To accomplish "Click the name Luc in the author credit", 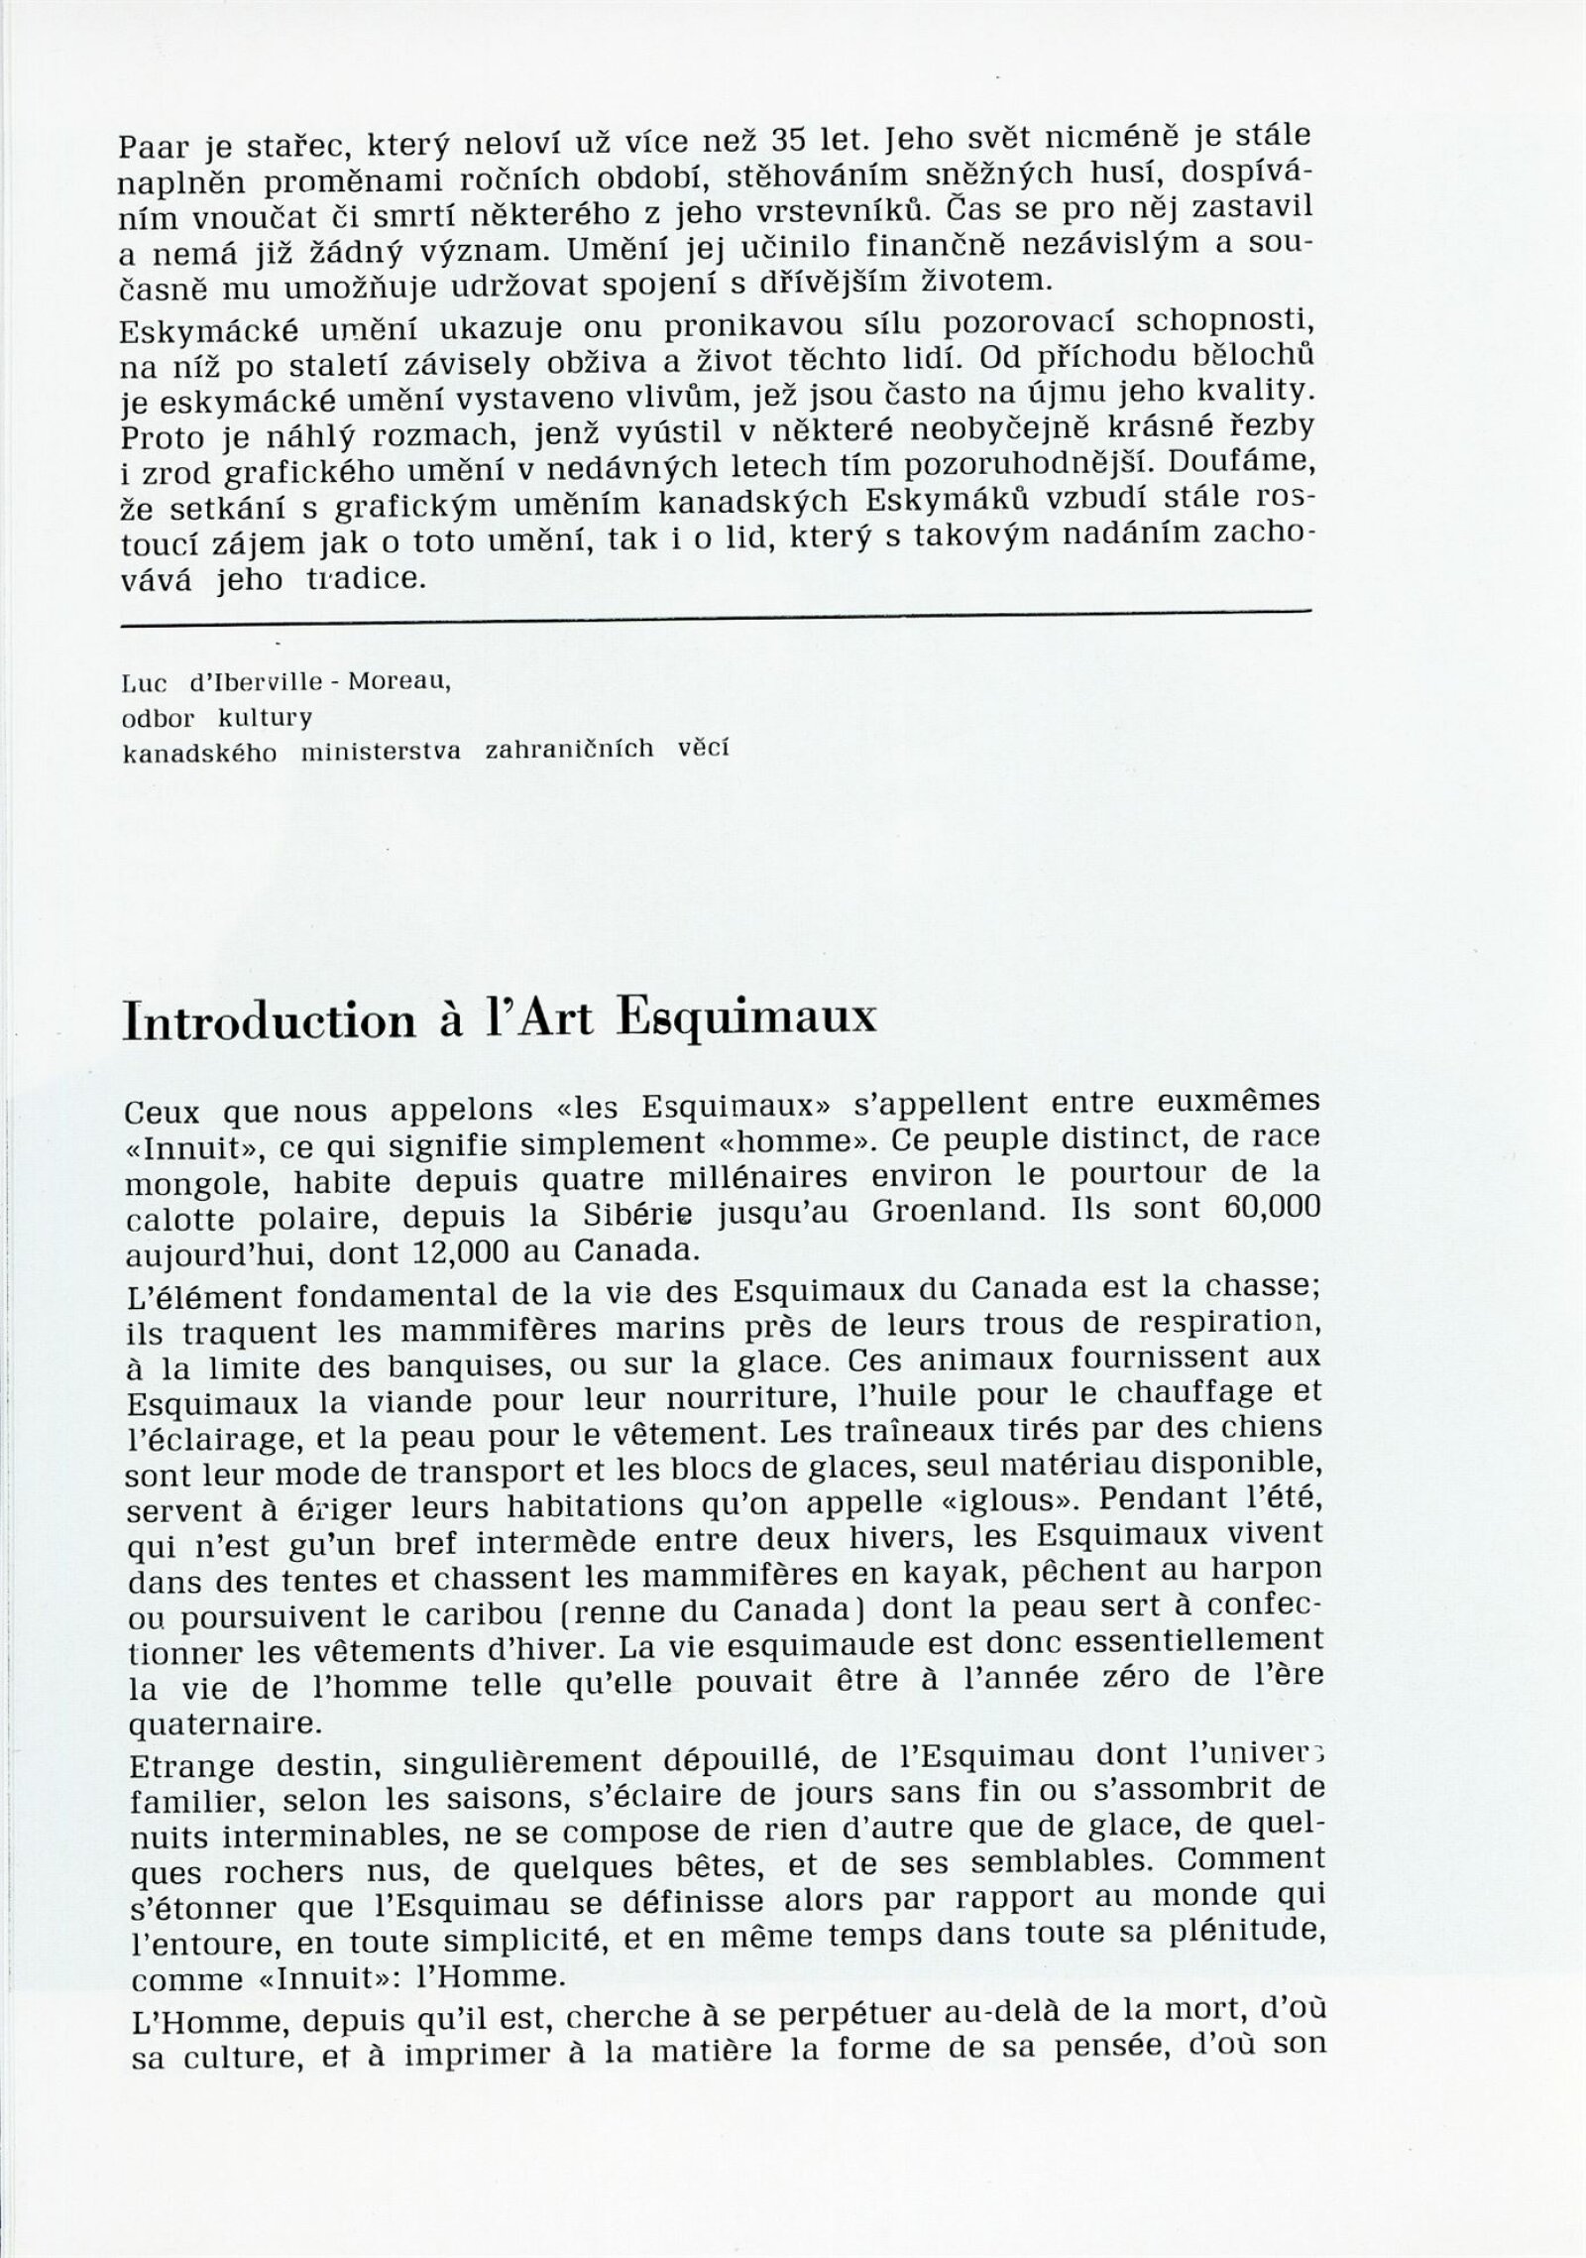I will pos(140,685).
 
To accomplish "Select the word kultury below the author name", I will pos(272,719).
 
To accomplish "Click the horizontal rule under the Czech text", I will pos(714,618).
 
